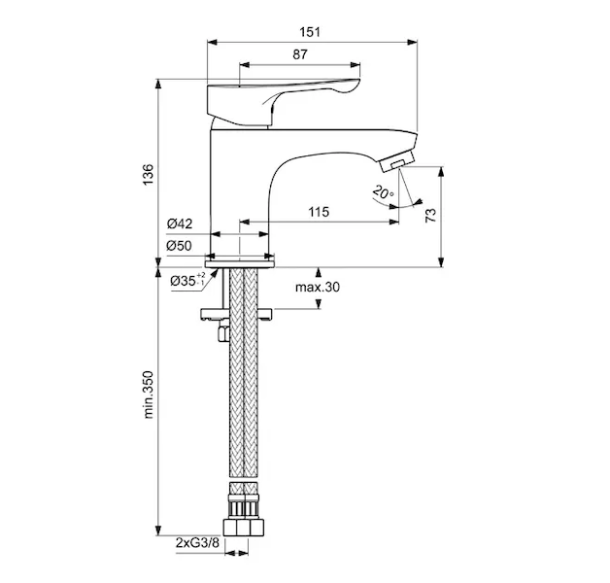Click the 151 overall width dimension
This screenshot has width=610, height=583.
[x=310, y=32]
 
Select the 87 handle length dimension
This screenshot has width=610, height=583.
[x=300, y=54]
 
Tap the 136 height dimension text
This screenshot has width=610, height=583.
[x=149, y=174]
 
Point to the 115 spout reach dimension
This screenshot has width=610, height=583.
[x=319, y=212]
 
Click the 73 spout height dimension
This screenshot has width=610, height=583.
[x=431, y=215]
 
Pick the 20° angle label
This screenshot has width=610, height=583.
[x=384, y=192]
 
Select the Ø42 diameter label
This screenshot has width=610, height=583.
[x=180, y=223]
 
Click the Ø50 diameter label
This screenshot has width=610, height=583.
[x=180, y=246]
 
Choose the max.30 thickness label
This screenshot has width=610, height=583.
[x=318, y=288]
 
